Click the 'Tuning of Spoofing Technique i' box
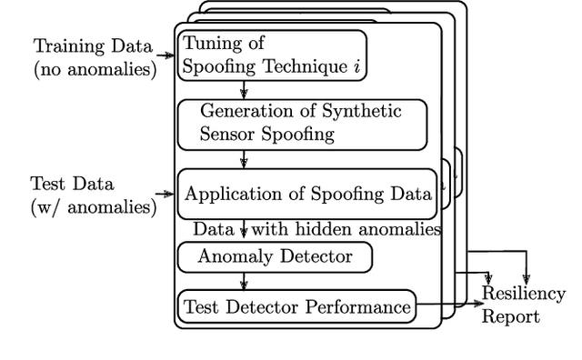pos(272,55)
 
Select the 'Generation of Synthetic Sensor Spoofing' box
pos(303,124)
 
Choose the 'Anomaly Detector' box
pos(275,256)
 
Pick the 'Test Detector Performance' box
pos(296,306)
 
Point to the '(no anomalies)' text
pos(95,68)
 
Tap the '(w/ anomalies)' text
pos(93,206)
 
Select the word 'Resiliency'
pos(524,294)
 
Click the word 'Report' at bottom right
pos(510,316)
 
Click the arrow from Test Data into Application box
pos(166,194)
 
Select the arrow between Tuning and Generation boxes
pos(244,90)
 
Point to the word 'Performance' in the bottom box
pos(360,306)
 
